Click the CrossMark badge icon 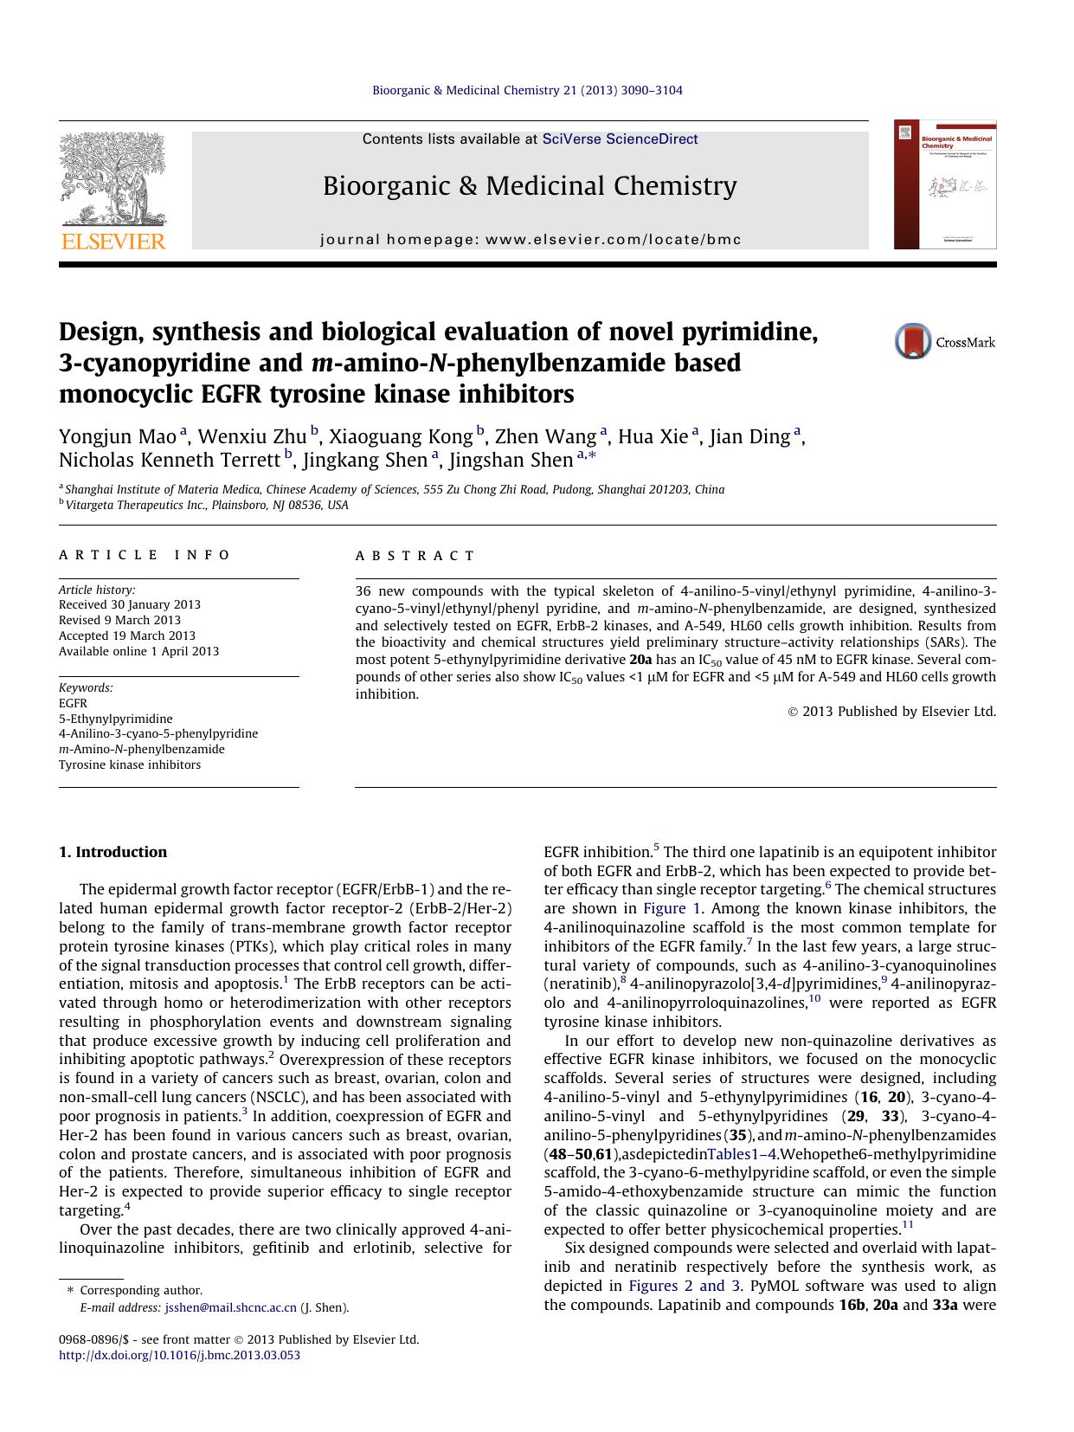[x=912, y=341]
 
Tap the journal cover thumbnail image [x=945, y=184]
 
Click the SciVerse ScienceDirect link [x=620, y=139]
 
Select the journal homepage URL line [x=531, y=240]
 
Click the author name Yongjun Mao [x=118, y=436]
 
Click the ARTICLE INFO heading [x=145, y=555]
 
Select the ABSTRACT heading [x=415, y=556]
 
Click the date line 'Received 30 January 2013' [x=130, y=605]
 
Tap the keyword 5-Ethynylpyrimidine [x=116, y=719]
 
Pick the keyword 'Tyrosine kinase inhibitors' [x=130, y=764]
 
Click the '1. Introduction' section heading [x=113, y=852]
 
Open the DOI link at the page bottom [x=179, y=1355]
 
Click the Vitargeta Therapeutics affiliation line [x=207, y=505]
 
